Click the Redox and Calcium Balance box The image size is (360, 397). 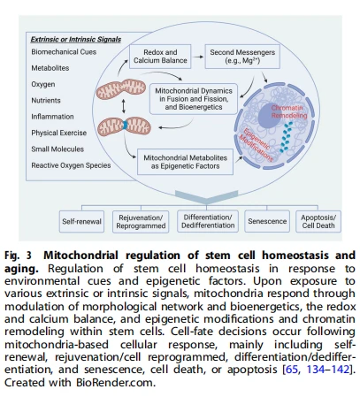(x=160, y=57)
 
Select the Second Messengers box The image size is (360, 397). (x=242, y=57)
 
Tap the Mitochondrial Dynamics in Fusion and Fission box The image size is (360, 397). (x=194, y=99)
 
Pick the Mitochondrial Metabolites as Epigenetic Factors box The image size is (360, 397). (x=185, y=162)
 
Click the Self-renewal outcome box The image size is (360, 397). (x=81, y=221)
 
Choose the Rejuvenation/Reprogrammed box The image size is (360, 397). (x=141, y=222)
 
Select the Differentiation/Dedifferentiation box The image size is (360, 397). (x=208, y=221)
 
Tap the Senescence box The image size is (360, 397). (x=267, y=221)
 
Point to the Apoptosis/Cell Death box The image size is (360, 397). (x=318, y=221)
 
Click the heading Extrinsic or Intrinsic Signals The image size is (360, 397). (x=76, y=39)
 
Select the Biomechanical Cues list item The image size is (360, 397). (x=64, y=52)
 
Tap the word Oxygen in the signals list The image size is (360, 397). (x=43, y=84)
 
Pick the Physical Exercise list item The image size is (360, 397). (x=59, y=133)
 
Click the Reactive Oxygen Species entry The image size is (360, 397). (x=71, y=165)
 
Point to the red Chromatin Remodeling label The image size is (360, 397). (x=289, y=111)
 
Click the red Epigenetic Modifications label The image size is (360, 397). (x=257, y=145)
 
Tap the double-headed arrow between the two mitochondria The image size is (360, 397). (x=124, y=106)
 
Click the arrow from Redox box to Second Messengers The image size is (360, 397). (x=198, y=57)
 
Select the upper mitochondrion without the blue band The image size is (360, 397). (x=121, y=88)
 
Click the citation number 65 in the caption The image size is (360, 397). (x=292, y=370)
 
